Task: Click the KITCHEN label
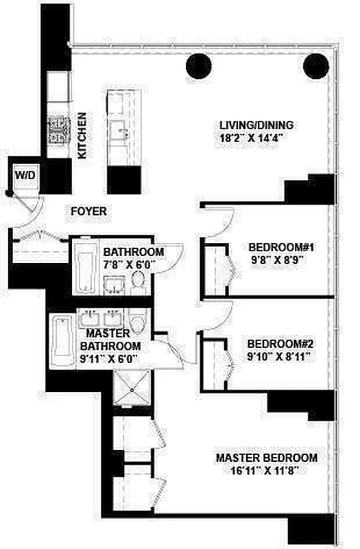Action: coord(82,136)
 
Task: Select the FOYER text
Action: coord(89,211)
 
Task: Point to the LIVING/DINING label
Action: coord(256,126)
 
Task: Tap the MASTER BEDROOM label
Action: coord(267,458)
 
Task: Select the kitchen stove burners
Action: coord(59,130)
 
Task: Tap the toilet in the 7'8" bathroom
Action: coord(139,281)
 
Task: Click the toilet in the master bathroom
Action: coord(139,323)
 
